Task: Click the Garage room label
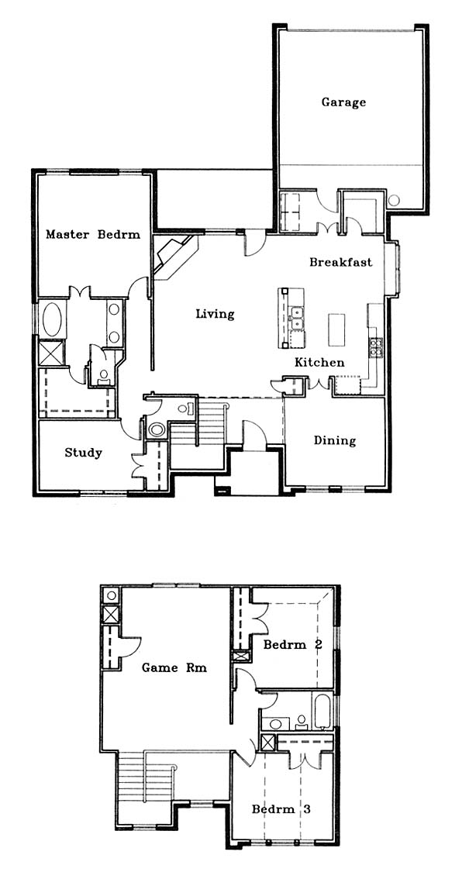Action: click(343, 103)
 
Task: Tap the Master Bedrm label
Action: click(93, 235)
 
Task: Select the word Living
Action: click(215, 315)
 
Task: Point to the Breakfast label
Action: click(341, 262)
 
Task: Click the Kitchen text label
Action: click(319, 363)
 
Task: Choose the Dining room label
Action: click(335, 441)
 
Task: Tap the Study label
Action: click(83, 453)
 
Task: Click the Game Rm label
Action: click(174, 668)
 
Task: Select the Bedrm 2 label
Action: click(293, 645)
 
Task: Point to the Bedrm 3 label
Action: click(281, 809)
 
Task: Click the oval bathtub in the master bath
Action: click(53, 320)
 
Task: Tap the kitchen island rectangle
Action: click(336, 330)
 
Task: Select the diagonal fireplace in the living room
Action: click(175, 257)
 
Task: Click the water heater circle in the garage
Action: click(394, 200)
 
